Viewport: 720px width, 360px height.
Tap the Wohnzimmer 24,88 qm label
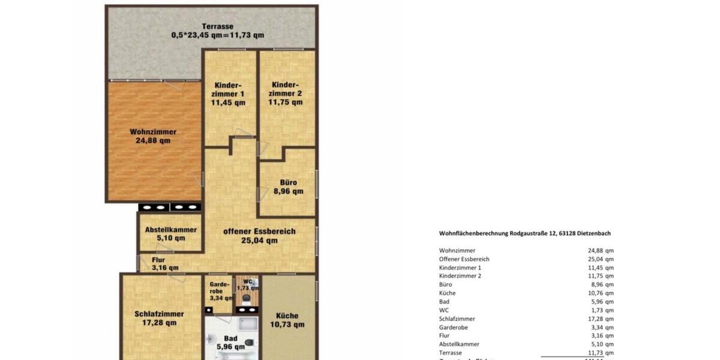coord(153,136)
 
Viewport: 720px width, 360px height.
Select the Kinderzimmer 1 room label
coord(228,94)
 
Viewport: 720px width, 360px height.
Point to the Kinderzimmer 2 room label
coord(286,94)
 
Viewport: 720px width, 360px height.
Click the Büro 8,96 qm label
coord(289,187)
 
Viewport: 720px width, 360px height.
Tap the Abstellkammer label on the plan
coord(171,233)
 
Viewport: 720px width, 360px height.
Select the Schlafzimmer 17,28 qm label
coord(159,318)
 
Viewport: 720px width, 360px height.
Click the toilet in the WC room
coord(246,297)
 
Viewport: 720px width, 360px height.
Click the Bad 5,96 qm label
coord(230,343)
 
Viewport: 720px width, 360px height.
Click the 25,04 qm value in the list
coord(601,259)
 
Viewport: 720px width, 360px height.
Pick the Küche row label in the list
coord(448,293)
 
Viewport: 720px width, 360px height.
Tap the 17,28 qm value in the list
coord(601,319)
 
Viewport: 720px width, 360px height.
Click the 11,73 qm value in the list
coord(601,353)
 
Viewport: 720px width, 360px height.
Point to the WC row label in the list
coord(444,310)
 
